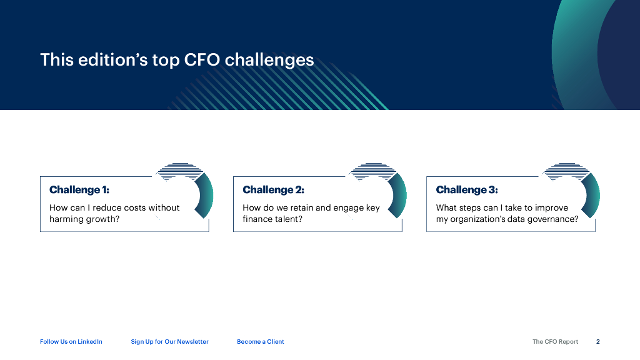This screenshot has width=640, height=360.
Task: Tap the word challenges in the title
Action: coord(269,60)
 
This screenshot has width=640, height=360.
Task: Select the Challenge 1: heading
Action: coord(79,190)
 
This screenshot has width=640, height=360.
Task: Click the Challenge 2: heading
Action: coord(273,190)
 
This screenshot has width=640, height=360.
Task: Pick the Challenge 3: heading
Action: coord(467,190)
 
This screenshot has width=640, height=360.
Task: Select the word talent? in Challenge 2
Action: coord(288,219)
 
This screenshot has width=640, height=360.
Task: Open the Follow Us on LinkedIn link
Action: coord(71,342)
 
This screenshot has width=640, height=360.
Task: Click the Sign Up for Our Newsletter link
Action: coord(169,342)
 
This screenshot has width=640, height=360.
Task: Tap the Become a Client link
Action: coord(261,342)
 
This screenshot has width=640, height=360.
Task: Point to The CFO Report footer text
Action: coord(555,342)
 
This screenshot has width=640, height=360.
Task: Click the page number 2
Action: coord(598,342)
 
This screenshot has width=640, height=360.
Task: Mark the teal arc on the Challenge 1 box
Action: coord(207,196)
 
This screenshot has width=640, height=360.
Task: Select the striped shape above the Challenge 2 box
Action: coord(373,171)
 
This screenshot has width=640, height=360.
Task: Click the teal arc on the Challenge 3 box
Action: coord(594,196)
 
